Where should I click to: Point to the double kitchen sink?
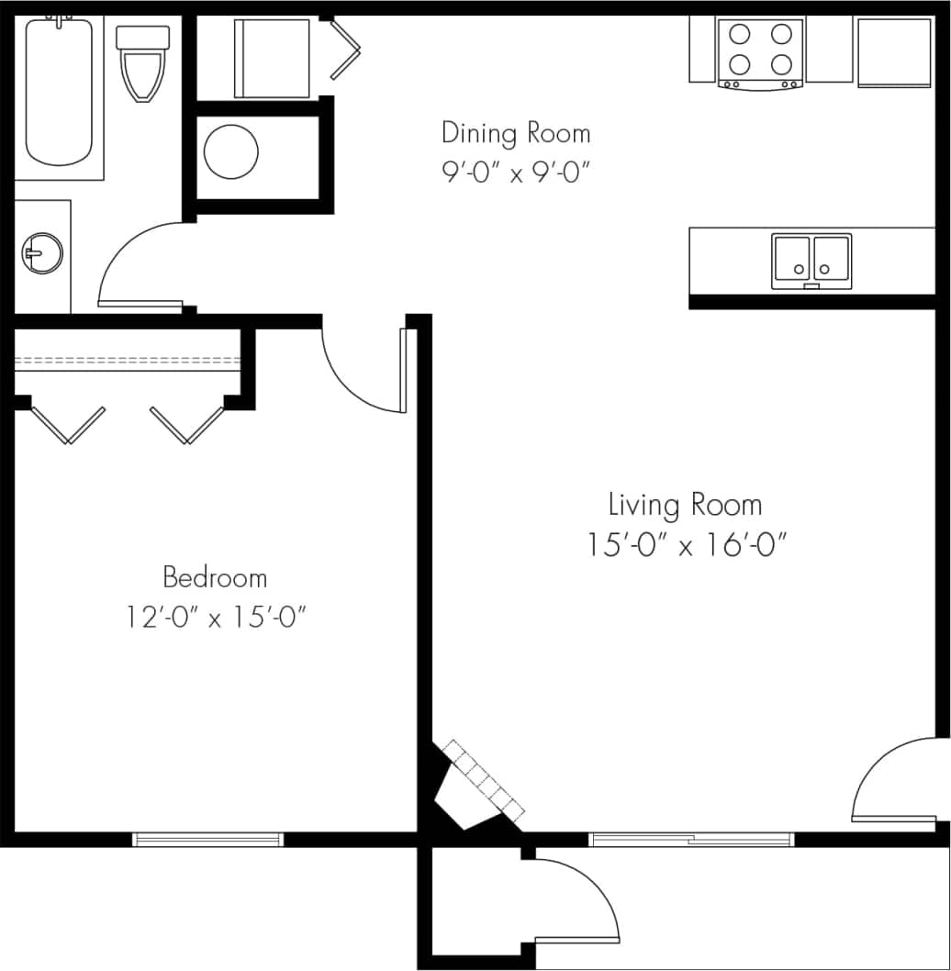(x=811, y=260)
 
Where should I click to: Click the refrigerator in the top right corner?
(x=894, y=52)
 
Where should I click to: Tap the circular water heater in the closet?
(x=230, y=151)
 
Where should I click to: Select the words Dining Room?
(x=515, y=133)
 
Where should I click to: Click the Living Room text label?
(x=685, y=505)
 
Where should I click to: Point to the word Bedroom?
(x=215, y=577)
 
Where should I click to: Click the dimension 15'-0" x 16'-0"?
(x=688, y=546)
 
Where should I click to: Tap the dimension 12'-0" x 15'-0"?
(x=216, y=618)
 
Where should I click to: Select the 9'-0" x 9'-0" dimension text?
(x=515, y=173)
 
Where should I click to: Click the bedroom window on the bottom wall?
(x=208, y=839)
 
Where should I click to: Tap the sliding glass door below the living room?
(x=690, y=839)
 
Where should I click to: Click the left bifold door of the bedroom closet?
(x=67, y=424)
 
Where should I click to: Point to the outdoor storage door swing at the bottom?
(x=578, y=899)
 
